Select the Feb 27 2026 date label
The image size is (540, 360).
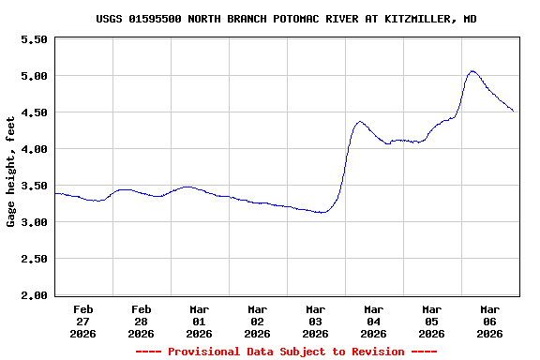point(83,321)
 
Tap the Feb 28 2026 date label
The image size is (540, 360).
point(142,321)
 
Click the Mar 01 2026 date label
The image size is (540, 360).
point(200,321)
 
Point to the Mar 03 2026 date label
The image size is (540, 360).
point(316,321)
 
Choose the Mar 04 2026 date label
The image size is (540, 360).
point(374,321)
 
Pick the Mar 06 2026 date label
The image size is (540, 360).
point(490,321)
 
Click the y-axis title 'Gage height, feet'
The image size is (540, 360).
point(11,172)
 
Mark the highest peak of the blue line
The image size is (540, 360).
point(472,70)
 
